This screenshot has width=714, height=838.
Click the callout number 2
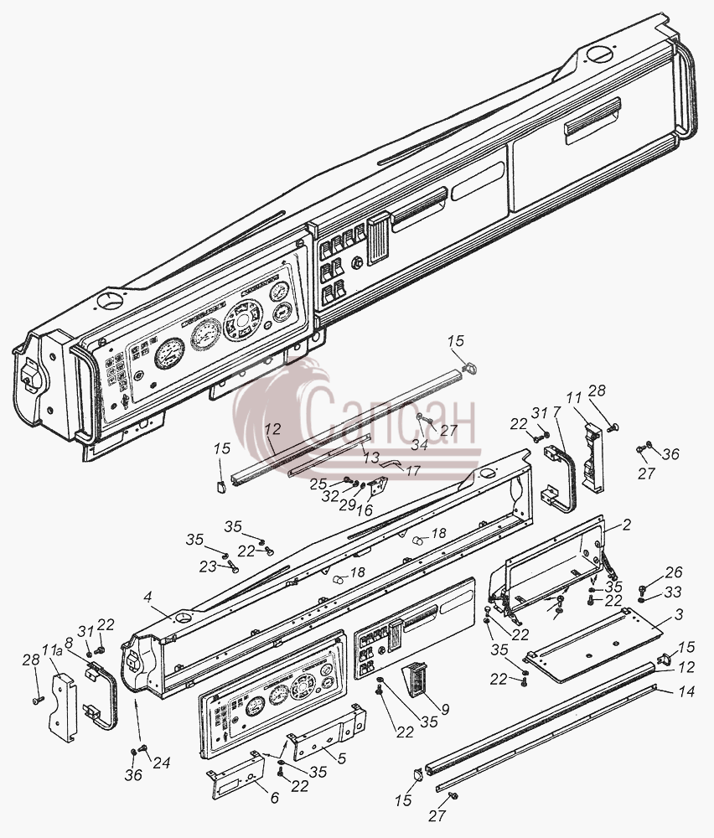point(626,525)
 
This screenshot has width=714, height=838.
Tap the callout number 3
point(679,614)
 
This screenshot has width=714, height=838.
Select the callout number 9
point(445,710)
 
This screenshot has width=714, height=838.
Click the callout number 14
point(686,691)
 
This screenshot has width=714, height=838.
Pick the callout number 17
point(412,471)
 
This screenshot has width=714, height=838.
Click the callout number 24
point(162,763)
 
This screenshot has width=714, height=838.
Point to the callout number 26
point(674,572)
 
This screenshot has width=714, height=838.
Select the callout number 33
point(674,592)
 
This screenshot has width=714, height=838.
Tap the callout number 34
point(419,445)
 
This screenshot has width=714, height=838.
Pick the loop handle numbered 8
point(101,697)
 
